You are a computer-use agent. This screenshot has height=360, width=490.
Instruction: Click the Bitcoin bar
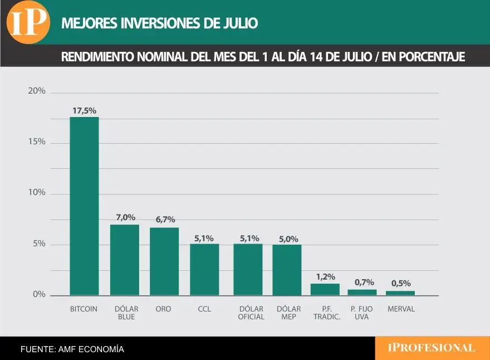[x=84, y=206]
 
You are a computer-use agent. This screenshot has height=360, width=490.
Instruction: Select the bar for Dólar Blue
[x=125, y=260]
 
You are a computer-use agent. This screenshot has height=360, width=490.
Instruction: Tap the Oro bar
[x=164, y=261]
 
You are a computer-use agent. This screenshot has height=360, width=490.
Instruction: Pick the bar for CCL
[x=204, y=270]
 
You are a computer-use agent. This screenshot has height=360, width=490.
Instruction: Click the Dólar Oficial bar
[x=248, y=270]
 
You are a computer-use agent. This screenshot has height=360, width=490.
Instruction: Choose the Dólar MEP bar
[x=287, y=270]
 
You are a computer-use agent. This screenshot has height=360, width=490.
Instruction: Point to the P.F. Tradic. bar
[x=325, y=290]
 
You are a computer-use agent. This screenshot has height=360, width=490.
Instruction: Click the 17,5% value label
[x=85, y=111]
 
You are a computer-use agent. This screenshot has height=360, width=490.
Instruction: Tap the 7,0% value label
[x=126, y=217]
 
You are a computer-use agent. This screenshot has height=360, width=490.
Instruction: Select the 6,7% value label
[x=165, y=220]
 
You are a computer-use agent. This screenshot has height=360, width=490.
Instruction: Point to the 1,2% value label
[x=326, y=277]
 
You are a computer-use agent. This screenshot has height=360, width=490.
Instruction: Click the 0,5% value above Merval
[x=401, y=283]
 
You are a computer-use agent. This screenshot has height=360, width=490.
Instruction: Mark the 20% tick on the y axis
[x=37, y=91]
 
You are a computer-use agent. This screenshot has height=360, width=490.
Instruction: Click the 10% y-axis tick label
[x=37, y=192]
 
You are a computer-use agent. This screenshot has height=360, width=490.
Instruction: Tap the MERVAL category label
[x=401, y=309]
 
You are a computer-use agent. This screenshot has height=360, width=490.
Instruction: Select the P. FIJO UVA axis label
[x=361, y=313]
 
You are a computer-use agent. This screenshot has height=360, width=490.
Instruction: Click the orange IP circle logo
[x=28, y=22]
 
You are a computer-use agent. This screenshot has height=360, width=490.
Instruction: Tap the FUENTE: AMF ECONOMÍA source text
[x=72, y=349]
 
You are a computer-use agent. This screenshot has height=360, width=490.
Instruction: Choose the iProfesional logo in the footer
[x=432, y=348]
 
